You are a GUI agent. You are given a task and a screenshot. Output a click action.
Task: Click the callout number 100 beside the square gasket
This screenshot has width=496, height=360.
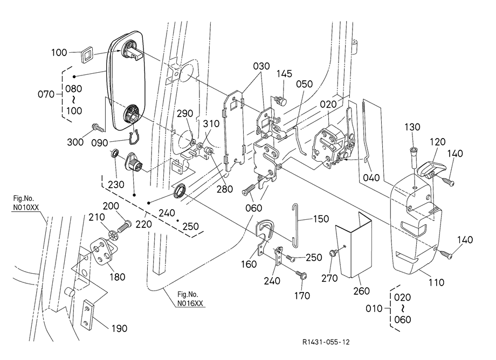click(59, 52)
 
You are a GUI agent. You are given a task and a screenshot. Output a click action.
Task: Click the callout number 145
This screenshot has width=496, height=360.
click(285, 74)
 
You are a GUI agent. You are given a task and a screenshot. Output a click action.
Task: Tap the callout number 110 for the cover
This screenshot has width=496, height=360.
click(436, 281)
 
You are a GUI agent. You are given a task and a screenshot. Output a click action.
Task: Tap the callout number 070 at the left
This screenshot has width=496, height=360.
click(46, 95)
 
